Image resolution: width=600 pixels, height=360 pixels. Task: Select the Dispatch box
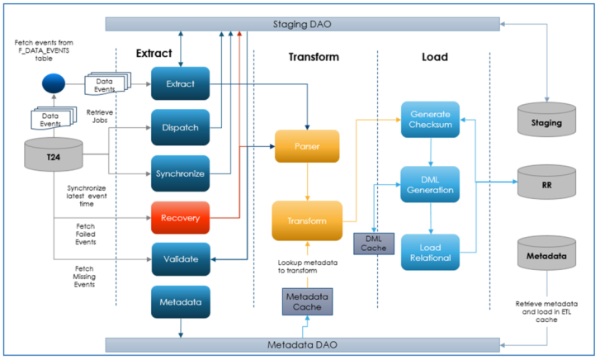[x=180, y=127]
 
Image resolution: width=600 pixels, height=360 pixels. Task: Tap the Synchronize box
[x=180, y=173]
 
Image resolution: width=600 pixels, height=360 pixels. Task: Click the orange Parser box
[x=306, y=146]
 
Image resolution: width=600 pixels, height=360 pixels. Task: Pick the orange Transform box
[x=306, y=220]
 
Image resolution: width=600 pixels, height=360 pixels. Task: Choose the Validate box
[x=180, y=259]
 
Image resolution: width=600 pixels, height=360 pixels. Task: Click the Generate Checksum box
[x=430, y=118]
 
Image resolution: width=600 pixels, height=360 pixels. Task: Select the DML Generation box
[x=430, y=184]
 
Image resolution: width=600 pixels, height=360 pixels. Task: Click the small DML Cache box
[x=375, y=243]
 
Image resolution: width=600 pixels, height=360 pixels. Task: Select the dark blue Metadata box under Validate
[x=180, y=301]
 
